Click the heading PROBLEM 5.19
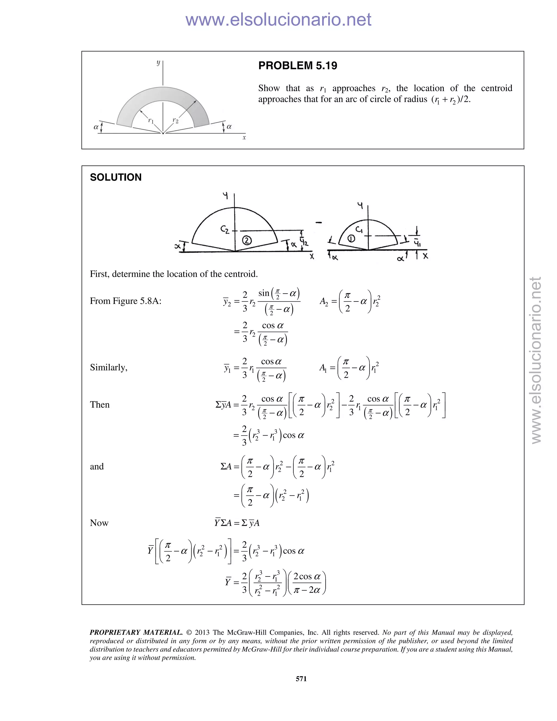click(x=298, y=66)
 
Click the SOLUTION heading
click(x=116, y=177)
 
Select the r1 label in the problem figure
click(x=151, y=121)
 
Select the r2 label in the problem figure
click(x=175, y=121)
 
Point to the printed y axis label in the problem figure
click(x=158, y=62)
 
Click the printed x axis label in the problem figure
click(x=244, y=138)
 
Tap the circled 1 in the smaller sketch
click(x=351, y=238)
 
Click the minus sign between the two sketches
click(x=318, y=223)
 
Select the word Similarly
click(x=109, y=367)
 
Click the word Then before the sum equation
click(x=100, y=405)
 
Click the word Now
click(x=99, y=523)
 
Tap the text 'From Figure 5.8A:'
click(x=125, y=301)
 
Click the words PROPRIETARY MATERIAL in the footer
click(x=136, y=633)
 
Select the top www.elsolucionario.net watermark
click(x=278, y=20)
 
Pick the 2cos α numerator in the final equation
click(x=307, y=577)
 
